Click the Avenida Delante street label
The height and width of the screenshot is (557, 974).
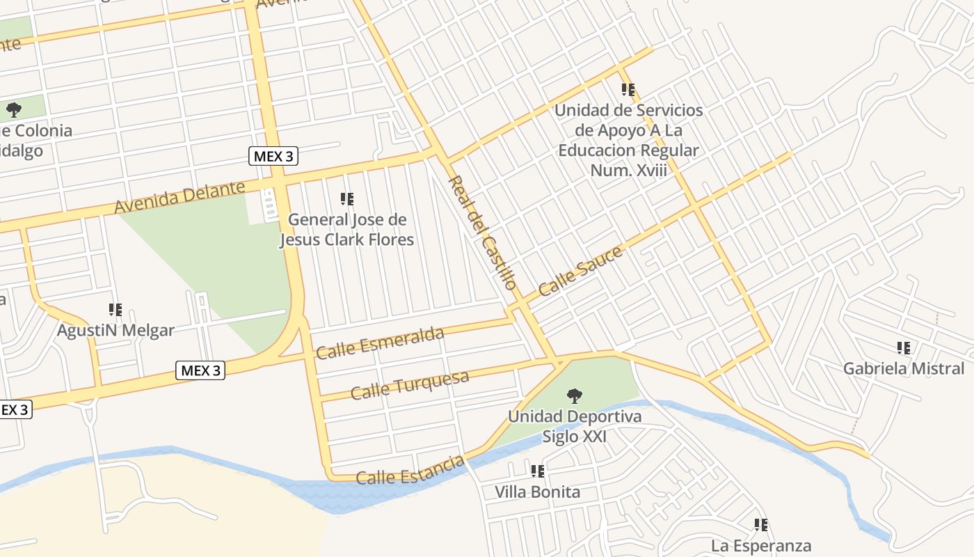pos(179,198)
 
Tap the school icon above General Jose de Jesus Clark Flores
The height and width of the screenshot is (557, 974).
pos(347,199)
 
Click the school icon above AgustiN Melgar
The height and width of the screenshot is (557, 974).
pos(115,310)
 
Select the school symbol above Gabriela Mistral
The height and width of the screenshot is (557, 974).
pos(904,348)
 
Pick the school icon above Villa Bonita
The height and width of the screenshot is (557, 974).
pos(538,471)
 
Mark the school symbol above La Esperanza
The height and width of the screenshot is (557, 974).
pos(761,525)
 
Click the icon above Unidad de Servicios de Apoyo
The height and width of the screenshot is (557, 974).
pos(628,90)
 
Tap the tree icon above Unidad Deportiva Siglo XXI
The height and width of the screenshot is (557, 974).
pos(575,396)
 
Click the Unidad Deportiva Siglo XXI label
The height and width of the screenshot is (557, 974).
pos(575,426)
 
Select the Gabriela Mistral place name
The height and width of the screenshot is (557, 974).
pos(904,368)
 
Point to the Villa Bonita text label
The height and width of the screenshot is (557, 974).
pos(537,492)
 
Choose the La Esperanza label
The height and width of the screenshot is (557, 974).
pos(761,545)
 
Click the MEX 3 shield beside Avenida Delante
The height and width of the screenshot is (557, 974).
pos(273,156)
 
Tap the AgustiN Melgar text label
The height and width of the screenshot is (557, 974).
pos(115,330)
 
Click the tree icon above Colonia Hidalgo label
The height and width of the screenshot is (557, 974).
pos(14,109)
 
